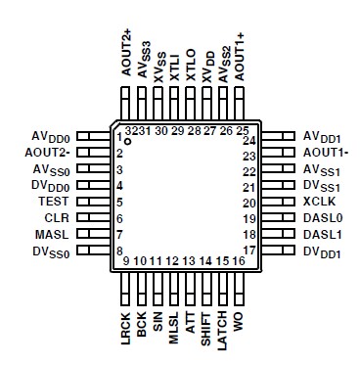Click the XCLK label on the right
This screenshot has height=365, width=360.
pyautogui.click(x=319, y=201)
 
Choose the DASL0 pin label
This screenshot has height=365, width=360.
pyautogui.click(x=323, y=217)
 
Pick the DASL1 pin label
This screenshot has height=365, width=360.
pyautogui.click(x=323, y=235)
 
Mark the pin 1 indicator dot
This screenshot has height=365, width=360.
pyautogui.click(x=127, y=142)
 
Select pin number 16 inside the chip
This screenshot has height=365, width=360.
pyautogui.click(x=238, y=261)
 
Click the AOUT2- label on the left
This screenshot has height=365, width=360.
pyautogui.click(x=47, y=154)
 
